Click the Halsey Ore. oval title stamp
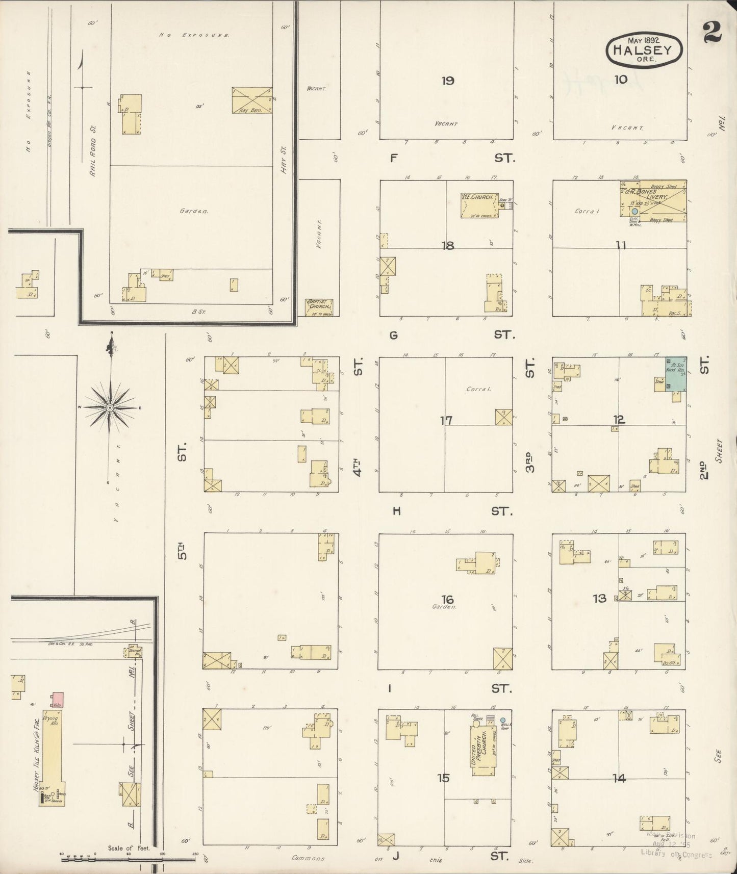point(644,49)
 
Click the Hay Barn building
point(252,100)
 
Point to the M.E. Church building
point(479,205)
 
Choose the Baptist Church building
point(319,307)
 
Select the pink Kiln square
point(56,700)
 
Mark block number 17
point(446,421)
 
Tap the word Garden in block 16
point(443,607)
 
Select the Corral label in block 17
point(478,389)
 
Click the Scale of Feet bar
point(128,859)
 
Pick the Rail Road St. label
point(93,151)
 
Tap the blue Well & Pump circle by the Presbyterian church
point(503,720)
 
